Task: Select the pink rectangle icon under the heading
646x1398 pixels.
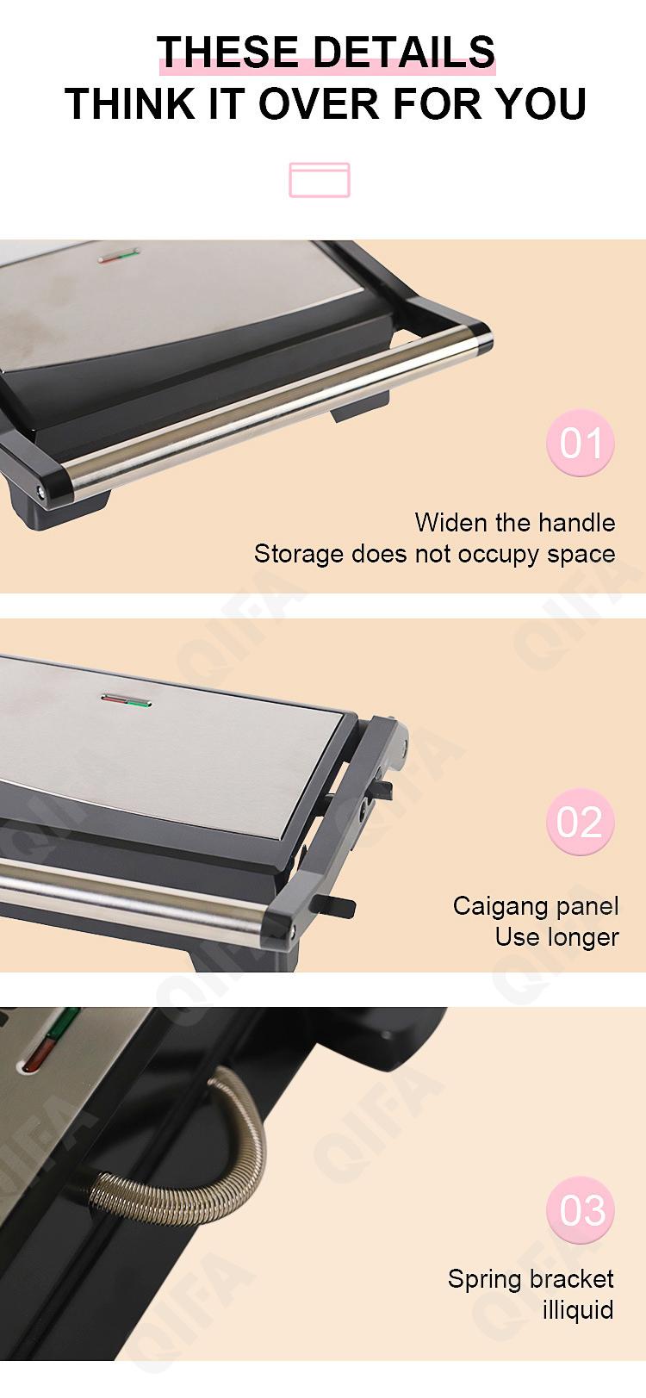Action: point(319,180)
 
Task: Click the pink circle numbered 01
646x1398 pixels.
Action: point(581,443)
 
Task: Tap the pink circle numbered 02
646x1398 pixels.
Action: point(581,822)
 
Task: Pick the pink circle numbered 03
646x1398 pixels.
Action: point(581,1210)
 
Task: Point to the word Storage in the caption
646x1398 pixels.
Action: point(299,554)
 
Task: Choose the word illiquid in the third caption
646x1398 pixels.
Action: point(578,1310)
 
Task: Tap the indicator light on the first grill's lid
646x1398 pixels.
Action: point(119,255)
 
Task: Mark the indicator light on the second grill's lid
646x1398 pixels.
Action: point(126,700)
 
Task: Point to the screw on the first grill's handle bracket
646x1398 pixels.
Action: point(41,493)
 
